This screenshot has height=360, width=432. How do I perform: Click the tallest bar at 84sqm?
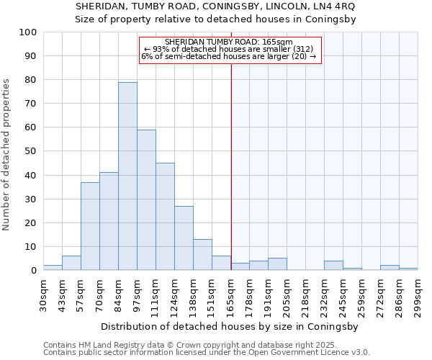[x=127, y=176]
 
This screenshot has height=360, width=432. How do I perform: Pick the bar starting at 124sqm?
[x=184, y=238]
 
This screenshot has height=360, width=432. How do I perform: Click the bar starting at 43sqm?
[x=71, y=264]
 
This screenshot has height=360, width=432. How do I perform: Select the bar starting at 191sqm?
[x=277, y=264]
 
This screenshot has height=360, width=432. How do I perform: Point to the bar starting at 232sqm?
[x=333, y=266]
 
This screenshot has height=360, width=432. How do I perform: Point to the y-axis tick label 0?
[x=34, y=271]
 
